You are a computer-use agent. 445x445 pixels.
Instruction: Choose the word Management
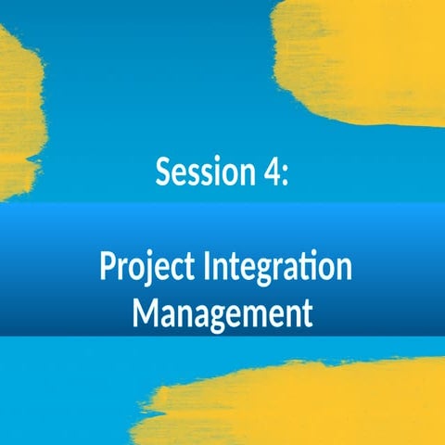click(x=222, y=312)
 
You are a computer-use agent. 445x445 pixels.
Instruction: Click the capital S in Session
click(x=164, y=172)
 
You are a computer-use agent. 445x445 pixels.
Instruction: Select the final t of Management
click(x=306, y=312)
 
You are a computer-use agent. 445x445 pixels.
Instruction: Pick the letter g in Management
click(x=215, y=318)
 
